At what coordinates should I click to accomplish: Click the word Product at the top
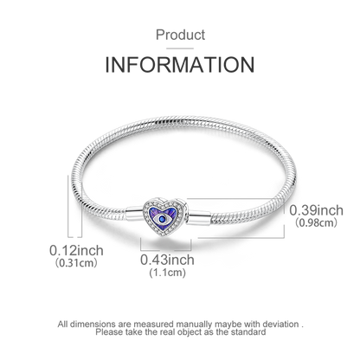click(180, 35)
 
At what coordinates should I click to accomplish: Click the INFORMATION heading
click(180, 65)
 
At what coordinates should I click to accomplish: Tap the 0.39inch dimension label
click(316, 210)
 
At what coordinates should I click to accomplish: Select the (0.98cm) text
click(316, 222)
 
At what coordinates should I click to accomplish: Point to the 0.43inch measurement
click(167, 260)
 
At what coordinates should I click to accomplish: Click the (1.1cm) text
click(167, 273)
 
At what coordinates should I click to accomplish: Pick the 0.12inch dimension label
click(76, 250)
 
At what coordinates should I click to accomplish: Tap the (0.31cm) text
click(76, 263)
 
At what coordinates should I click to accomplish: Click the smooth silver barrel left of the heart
click(135, 214)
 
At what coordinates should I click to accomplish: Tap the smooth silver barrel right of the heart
click(199, 217)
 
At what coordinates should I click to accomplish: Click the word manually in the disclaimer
click(194, 325)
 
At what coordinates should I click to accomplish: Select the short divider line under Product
click(180, 48)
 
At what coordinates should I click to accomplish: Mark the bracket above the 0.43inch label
click(166, 250)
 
